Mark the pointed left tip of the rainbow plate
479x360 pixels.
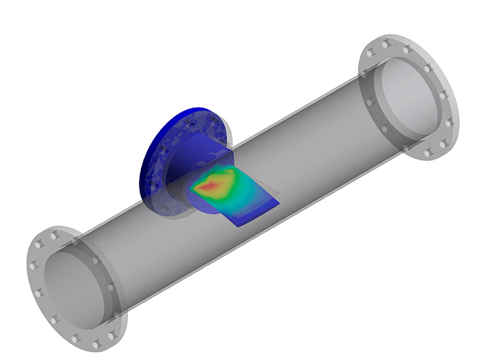click(x=191, y=190)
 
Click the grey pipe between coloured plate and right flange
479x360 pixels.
click(x=322, y=157)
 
